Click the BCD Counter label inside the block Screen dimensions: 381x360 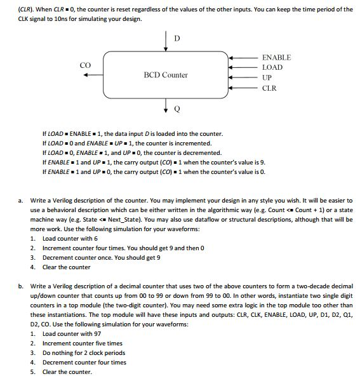coord(166,75)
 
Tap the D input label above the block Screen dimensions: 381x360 coord(177,39)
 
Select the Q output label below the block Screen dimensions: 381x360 coord(177,110)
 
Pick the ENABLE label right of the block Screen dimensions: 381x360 coord(276,57)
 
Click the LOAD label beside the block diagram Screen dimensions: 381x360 coord(272,67)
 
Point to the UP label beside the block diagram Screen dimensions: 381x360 coord(267,77)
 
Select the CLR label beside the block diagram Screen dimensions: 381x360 coord(269,88)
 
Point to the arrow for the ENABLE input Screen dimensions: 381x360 coord(242,57)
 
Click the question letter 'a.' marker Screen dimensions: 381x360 coord(20,201)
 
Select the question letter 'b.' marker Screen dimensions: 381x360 coord(20,286)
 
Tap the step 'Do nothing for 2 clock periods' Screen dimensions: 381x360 coord(84,352)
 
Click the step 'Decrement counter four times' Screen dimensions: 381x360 coord(84,362)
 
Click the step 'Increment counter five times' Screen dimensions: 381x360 coord(83,343)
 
